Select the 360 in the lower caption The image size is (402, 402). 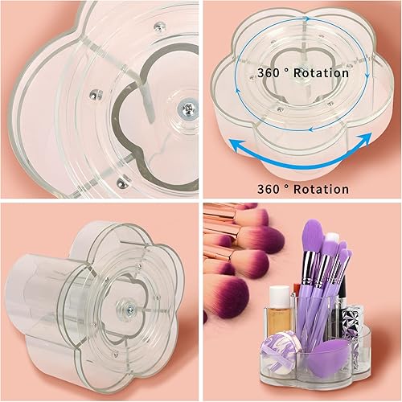(273, 189)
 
